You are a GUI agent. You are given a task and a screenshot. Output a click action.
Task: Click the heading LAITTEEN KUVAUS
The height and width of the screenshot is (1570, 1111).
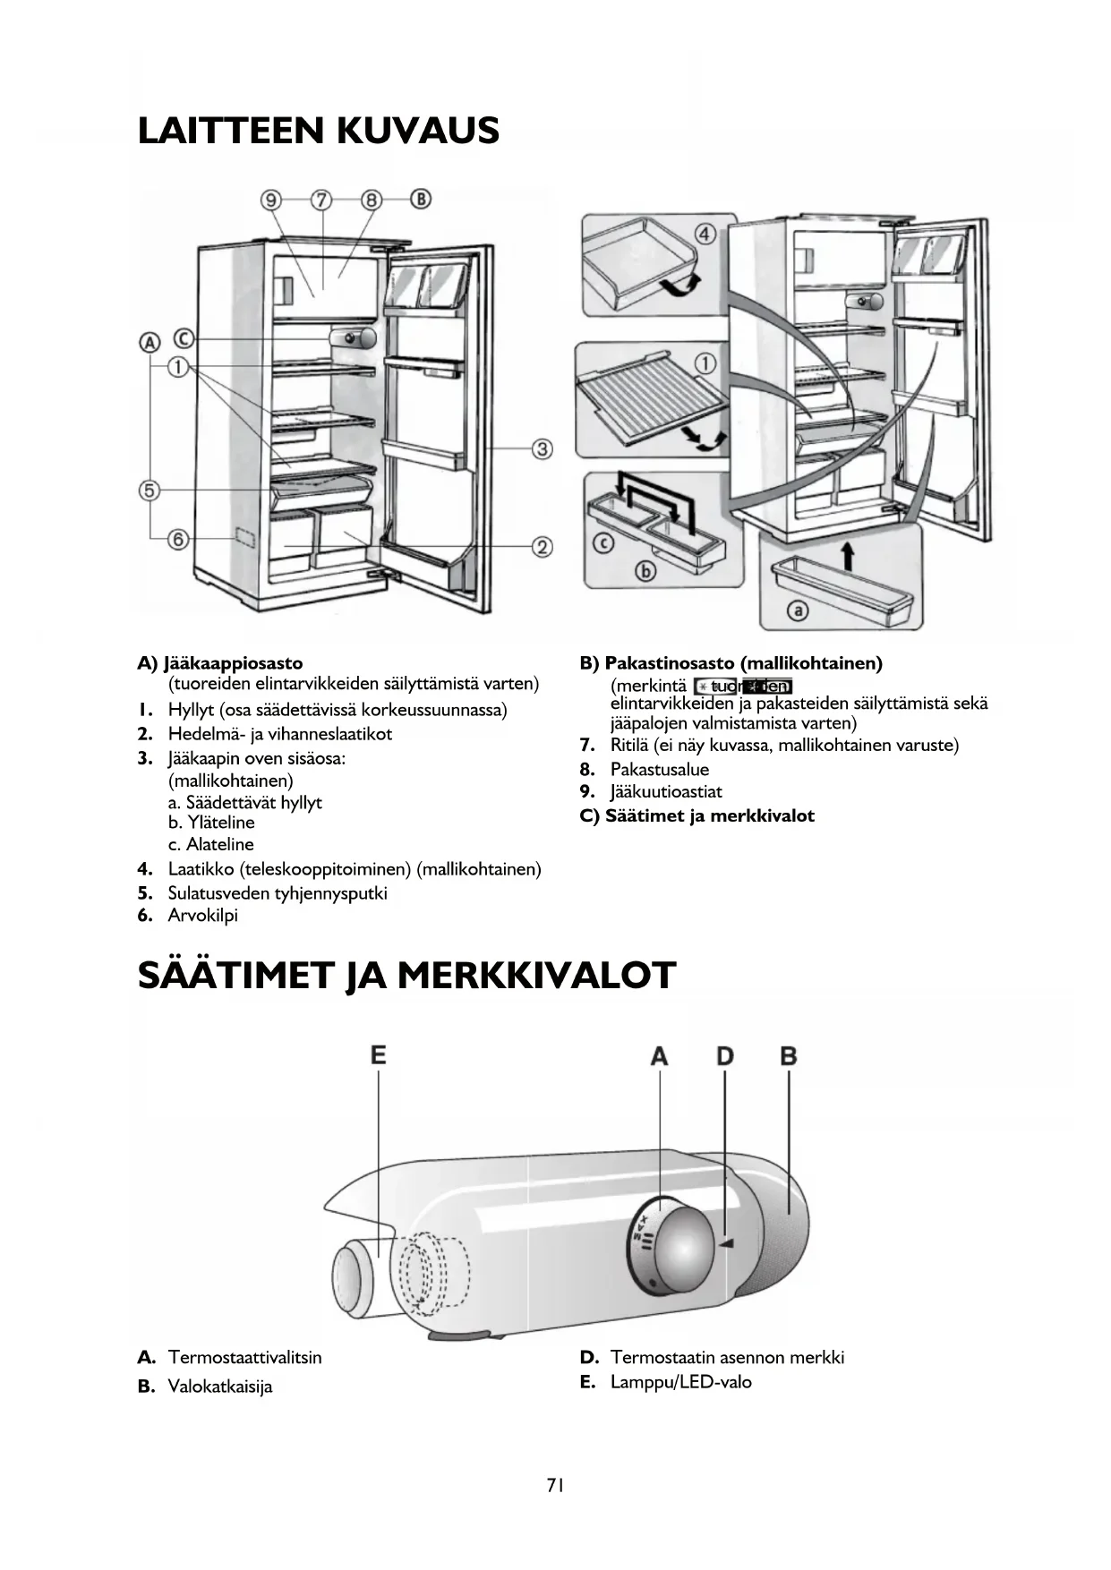[x=318, y=131]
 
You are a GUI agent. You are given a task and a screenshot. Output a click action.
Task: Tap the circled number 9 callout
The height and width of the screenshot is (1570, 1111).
[x=270, y=199]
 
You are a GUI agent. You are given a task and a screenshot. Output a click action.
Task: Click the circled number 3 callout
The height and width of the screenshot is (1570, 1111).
[x=543, y=448]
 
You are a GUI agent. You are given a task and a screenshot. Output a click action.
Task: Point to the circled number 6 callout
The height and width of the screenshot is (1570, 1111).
[x=179, y=539]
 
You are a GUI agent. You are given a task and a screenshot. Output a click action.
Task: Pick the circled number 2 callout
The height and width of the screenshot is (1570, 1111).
[x=543, y=546]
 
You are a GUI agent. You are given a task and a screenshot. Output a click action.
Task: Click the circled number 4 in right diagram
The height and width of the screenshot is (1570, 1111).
[x=705, y=235]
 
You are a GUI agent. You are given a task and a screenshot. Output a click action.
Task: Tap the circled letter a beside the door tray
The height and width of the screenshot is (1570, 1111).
[x=796, y=610]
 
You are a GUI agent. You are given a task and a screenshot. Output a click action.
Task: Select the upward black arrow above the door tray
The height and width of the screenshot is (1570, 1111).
[x=848, y=556]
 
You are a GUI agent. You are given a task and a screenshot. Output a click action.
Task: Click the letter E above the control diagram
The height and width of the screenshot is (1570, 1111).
[x=379, y=1054]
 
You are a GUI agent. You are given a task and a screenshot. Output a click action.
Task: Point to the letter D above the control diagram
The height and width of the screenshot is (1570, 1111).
[x=724, y=1056]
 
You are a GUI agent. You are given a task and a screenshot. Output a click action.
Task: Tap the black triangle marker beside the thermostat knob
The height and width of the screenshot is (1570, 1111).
[x=727, y=1243]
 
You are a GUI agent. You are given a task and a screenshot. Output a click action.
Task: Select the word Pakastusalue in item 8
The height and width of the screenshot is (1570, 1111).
[x=659, y=769]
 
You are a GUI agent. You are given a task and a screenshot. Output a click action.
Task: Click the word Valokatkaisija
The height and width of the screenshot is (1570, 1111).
[x=220, y=1387]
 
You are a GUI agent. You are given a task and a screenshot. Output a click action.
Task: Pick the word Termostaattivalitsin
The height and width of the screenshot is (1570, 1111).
[x=244, y=1357]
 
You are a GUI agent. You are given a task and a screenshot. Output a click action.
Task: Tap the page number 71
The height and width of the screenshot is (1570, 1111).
[x=555, y=1485]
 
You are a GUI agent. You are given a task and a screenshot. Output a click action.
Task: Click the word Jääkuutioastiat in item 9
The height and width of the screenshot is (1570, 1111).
[x=666, y=791]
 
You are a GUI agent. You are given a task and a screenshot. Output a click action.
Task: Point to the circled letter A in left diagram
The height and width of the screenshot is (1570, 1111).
[x=149, y=342]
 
